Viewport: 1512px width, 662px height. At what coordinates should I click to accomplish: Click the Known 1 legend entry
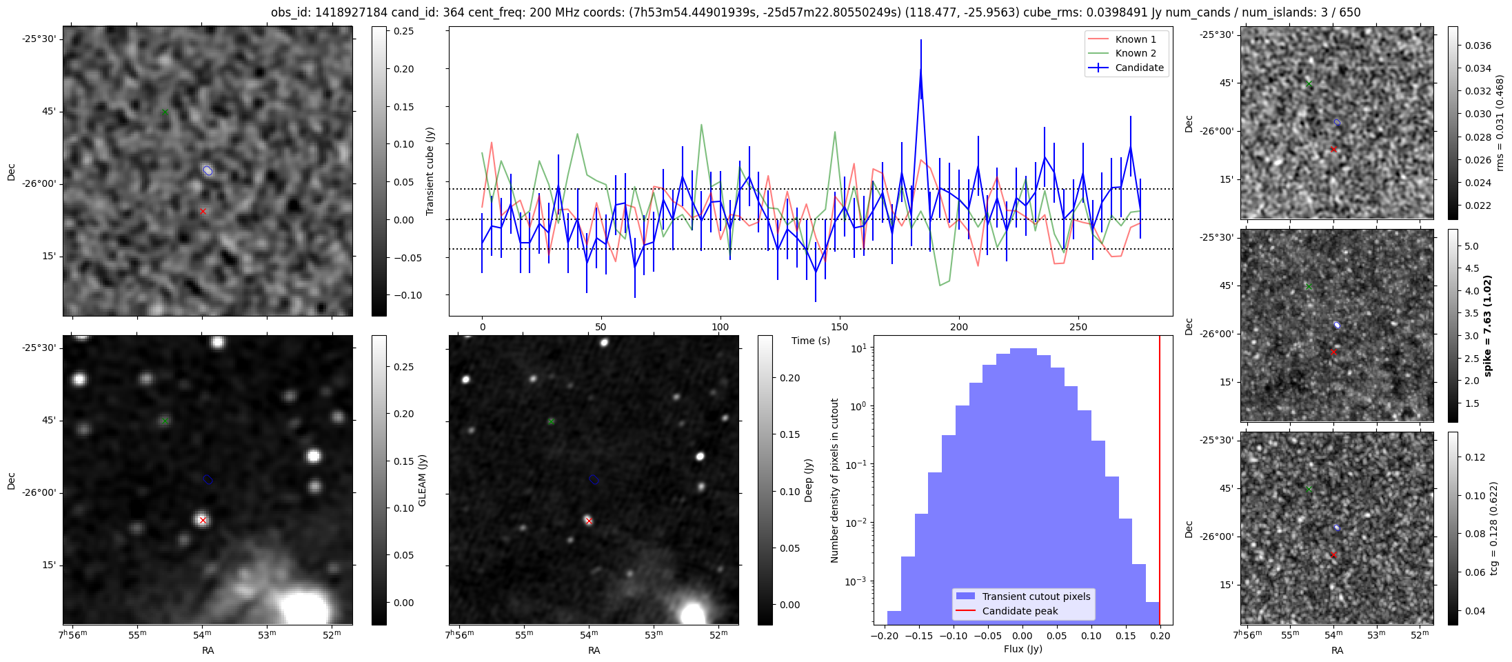1135,39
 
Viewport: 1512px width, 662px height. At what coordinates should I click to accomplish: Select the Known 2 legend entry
1135,53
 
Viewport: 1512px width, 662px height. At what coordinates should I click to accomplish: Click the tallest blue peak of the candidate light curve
920,69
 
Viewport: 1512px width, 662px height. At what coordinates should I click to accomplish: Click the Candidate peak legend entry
1020,611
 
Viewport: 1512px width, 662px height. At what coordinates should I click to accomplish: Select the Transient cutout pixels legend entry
1036,596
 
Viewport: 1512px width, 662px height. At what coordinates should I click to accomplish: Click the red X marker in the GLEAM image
203,521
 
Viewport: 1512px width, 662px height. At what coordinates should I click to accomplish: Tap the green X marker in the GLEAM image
164,421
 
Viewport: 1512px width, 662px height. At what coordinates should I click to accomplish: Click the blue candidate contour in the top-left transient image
208,170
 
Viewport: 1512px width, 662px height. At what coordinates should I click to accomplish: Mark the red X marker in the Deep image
589,521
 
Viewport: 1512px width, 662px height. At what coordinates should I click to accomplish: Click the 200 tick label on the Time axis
958,327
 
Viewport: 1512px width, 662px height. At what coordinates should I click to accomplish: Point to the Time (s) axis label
810,341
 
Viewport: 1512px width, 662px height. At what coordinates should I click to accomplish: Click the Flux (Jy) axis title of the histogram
1022,649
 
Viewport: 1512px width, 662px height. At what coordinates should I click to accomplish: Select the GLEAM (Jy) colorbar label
422,480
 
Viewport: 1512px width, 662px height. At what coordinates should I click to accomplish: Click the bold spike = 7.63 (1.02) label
1487,325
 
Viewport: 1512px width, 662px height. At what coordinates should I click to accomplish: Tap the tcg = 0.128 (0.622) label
1493,528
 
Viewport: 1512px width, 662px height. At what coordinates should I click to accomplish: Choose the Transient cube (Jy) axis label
430,171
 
